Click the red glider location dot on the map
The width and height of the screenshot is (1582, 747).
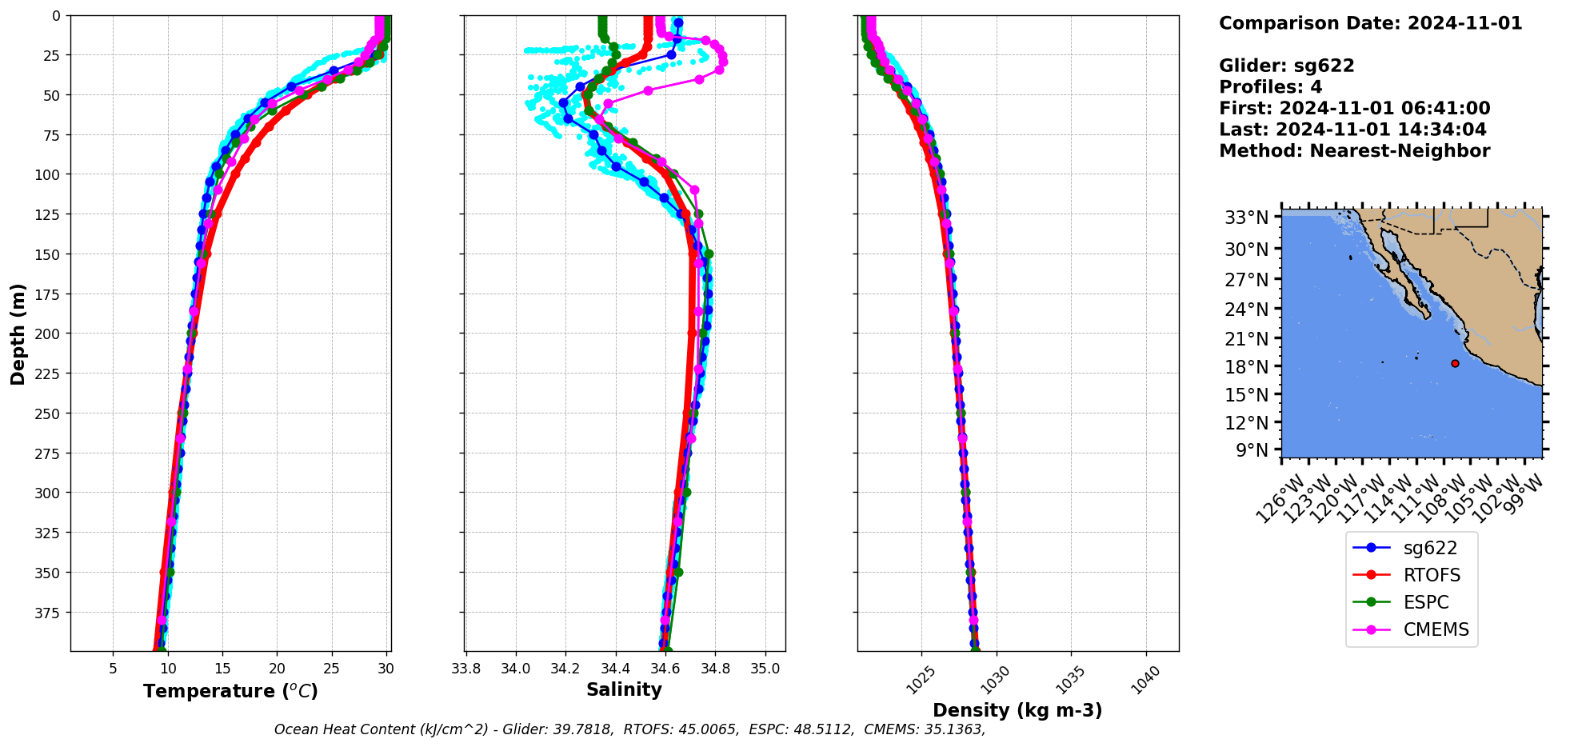[x=1455, y=363]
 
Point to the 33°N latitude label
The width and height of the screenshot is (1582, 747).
[x=1246, y=218]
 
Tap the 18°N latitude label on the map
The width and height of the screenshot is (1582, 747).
[x=1246, y=366]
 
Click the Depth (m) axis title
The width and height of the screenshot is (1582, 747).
[x=18, y=334]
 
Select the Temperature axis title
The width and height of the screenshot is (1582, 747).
[x=230, y=691]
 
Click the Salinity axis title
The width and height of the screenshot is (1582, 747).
[x=624, y=689]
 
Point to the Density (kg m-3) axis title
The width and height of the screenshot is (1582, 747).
[x=1017, y=710]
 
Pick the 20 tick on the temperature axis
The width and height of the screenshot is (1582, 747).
[x=277, y=669]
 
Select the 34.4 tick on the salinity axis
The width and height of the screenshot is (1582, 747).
[x=615, y=669]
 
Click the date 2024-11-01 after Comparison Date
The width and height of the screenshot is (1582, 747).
[x=1464, y=23]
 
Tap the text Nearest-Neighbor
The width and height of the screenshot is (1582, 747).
[x=1400, y=151]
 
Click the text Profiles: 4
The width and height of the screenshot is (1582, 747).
[x=1270, y=87]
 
